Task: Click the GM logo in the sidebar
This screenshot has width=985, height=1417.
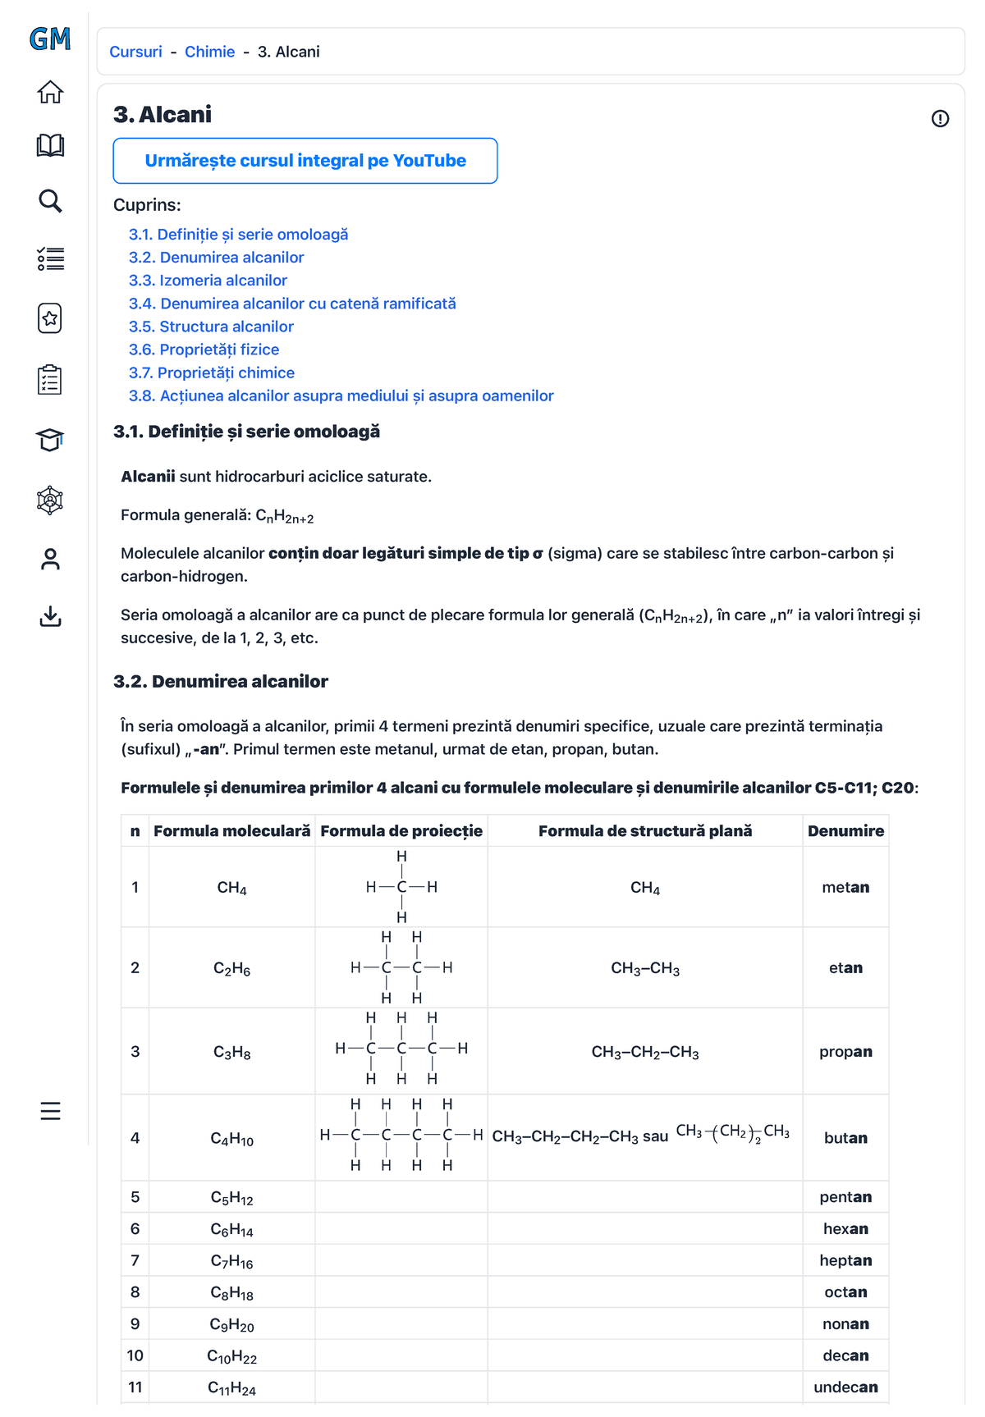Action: click(x=50, y=39)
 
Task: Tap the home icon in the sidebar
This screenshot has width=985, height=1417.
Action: click(x=50, y=92)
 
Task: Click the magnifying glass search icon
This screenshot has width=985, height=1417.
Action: click(x=50, y=201)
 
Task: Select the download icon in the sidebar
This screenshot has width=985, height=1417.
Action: click(x=50, y=616)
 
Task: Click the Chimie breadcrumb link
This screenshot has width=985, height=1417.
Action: click(x=209, y=52)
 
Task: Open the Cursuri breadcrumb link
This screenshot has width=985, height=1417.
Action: click(x=135, y=52)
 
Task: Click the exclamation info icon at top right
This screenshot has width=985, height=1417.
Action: click(x=940, y=119)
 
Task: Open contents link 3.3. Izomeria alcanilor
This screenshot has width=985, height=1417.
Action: click(x=208, y=281)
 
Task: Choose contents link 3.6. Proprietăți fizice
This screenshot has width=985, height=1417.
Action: click(x=204, y=350)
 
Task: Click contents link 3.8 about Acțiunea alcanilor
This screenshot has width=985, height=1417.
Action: click(x=341, y=395)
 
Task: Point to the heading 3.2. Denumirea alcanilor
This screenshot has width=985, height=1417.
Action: click(x=221, y=681)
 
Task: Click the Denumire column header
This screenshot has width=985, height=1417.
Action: click(x=845, y=830)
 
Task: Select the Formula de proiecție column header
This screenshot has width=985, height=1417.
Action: click(x=401, y=830)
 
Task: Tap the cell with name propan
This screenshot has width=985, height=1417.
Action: click(x=845, y=1051)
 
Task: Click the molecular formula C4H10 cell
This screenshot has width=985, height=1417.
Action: click(x=231, y=1138)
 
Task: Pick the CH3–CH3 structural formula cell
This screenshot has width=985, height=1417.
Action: click(x=645, y=968)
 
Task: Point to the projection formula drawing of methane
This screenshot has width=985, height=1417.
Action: click(x=401, y=887)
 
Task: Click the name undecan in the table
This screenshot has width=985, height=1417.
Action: click(x=845, y=1387)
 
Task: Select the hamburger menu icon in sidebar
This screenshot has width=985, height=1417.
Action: click(x=50, y=1111)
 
